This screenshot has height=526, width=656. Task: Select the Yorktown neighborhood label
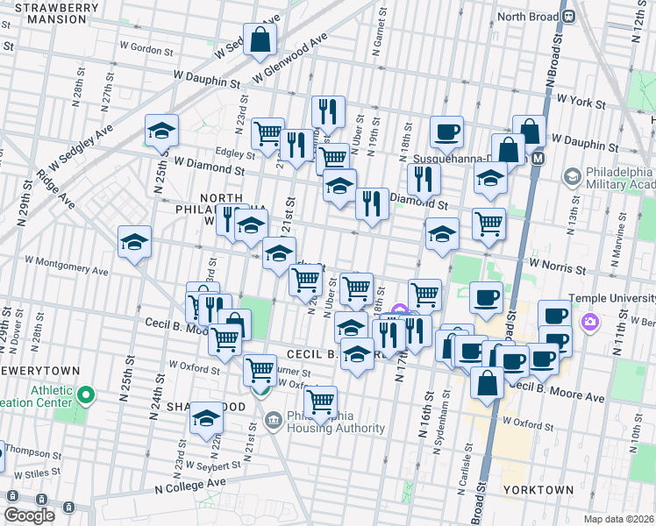pyautogui.click(x=538, y=489)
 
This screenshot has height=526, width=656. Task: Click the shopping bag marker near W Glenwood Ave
pyautogui.click(x=260, y=40)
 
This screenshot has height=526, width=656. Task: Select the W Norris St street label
pyautogui.click(x=556, y=265)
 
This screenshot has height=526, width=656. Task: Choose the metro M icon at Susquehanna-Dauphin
pyautogui.click(x=538, y=159)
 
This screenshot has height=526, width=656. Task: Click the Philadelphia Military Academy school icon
pyautogui.click(x=573, y=177)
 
